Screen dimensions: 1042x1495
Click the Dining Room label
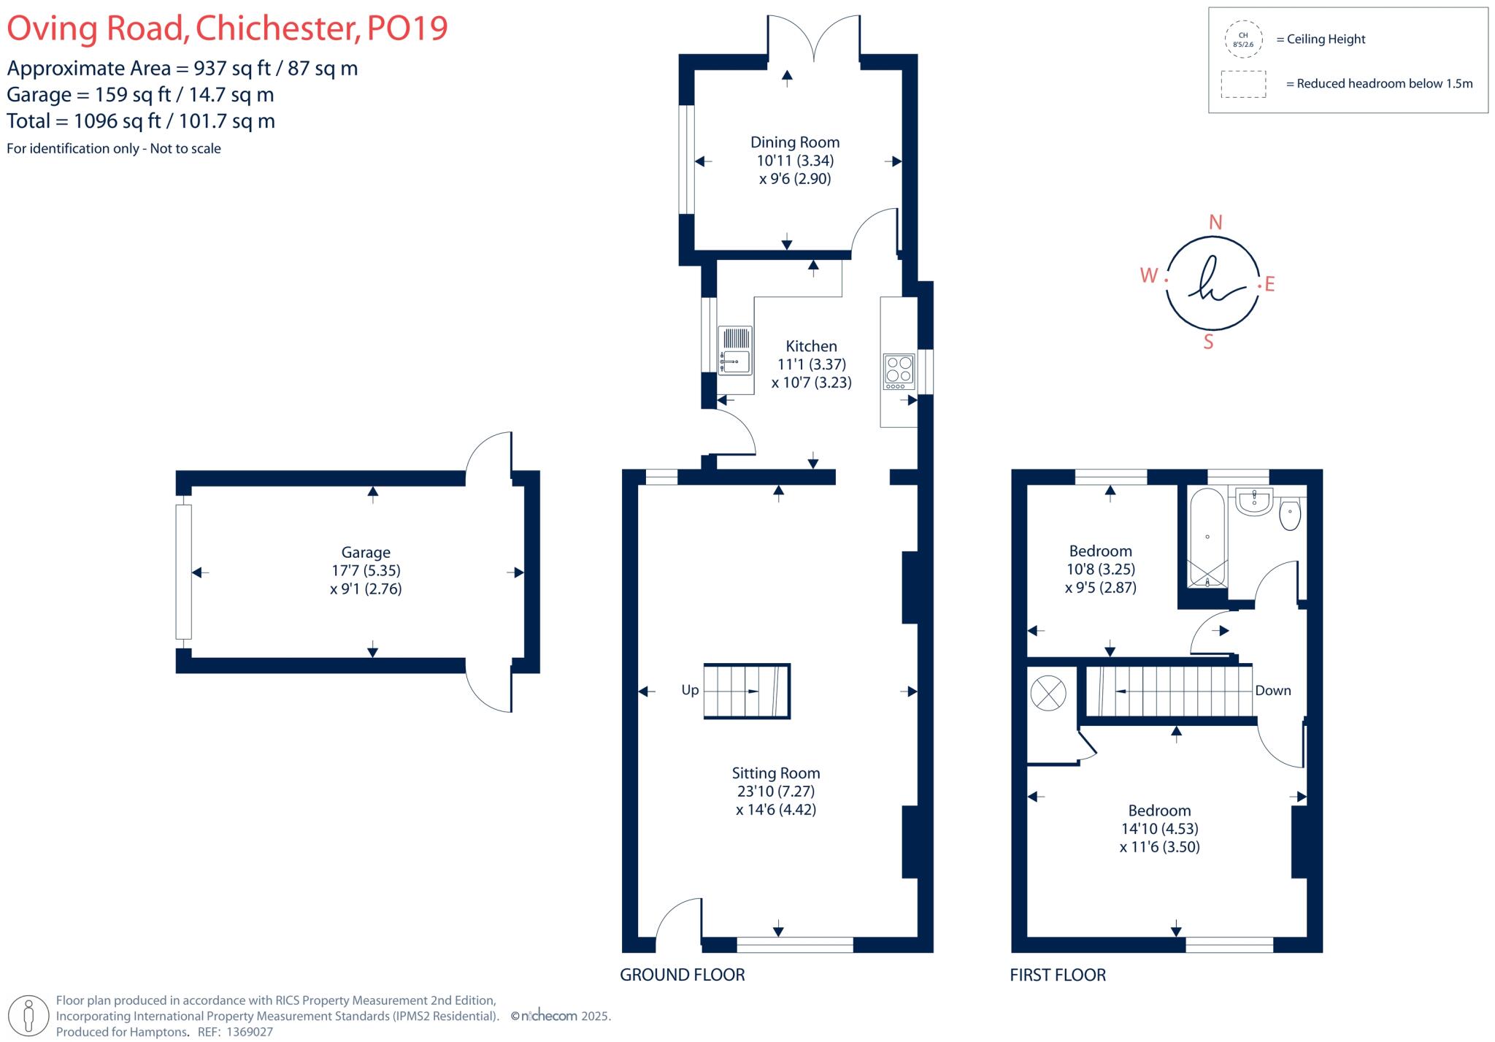(x=795, y=142)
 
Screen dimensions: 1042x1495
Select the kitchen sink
(x=735, y=350)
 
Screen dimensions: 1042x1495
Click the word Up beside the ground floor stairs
(x=690, y=690)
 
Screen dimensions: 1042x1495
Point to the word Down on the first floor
(x=1273, y=691)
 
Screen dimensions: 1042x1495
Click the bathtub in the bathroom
(x=1207, y=537)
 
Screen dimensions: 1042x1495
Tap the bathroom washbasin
(x=1255, y=502)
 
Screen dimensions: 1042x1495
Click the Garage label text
(x=366, y=553)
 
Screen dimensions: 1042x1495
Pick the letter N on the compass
(x=1215, y=223)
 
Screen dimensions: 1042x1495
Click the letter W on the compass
(x=1149, y=276)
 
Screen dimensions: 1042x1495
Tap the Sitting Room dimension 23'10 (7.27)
(x=775, y=791)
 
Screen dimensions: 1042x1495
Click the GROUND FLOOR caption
(x=683, y=975)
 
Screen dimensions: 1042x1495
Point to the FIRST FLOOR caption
(x=1058, y=975)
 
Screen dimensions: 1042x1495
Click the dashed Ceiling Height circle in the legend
(x=1243, y=39)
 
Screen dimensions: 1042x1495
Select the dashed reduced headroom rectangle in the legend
(x=1243, y=84)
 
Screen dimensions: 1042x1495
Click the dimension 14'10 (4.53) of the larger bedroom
(x=1160, y=829)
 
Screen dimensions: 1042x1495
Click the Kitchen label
(x=811, y=346)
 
